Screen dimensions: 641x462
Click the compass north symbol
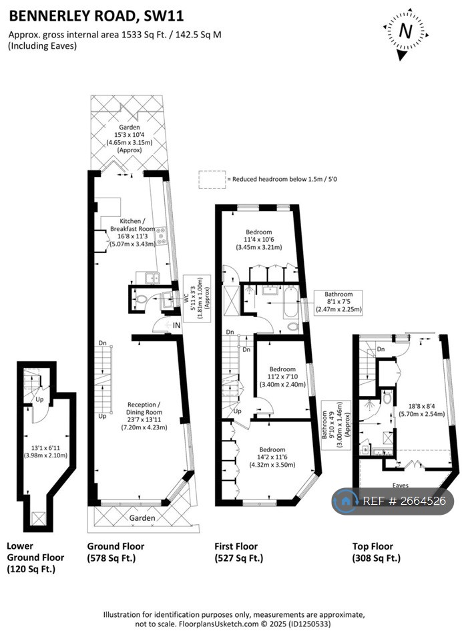click(x=405, y=31)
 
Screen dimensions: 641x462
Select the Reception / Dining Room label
click(x=144, y=415)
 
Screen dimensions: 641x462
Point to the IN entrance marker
click(x=176, y=325)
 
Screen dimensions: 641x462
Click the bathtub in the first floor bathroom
click(x=291, y=302)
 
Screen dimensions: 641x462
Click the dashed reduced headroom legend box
click(x=212, y=179)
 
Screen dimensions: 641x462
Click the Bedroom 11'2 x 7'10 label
click(x=282, y=377)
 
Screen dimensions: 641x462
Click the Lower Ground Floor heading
click(x=35, y=557)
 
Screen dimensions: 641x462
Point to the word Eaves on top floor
click(x=400, y=485)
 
